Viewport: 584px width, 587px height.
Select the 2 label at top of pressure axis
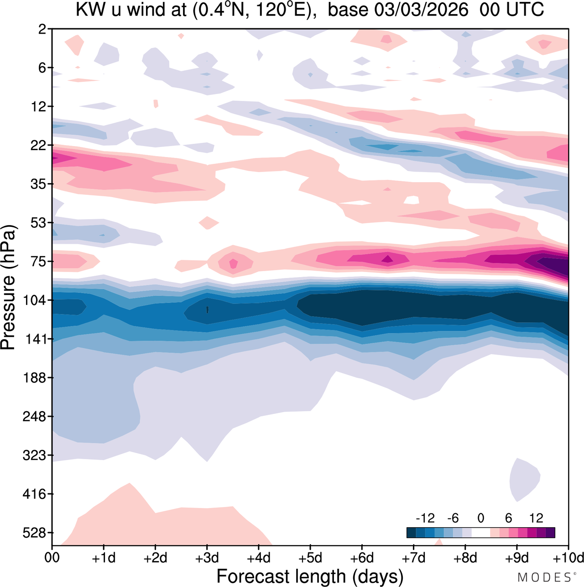pyautogui.click(x=42, y=29)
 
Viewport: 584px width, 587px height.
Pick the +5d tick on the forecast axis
pyautogui.click(x=310, y=558)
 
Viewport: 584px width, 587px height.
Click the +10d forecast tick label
pyautogui.click(x=568, y=558)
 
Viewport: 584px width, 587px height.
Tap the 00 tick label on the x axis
pyautogui.click(x=52, y=558)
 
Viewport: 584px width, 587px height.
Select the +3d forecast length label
pyautogui.click(x=207, y=558)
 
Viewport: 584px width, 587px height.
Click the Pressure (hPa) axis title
pyautogui.click(x=8, y=288)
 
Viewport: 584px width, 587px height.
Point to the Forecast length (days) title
pyautogui.click(x=310, y=576)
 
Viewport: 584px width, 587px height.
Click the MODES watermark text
pyautogui.click(x=544, y=577)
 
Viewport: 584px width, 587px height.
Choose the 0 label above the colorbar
pyautogui.click(x=481, y=518)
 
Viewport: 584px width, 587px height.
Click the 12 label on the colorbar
pyautogui.click(x=537, y=518)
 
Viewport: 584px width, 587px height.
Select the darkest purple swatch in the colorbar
pyautogui.click(x=550, y=533)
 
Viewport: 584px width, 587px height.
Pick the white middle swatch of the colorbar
pyautogui.click(x=481, y=533)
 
